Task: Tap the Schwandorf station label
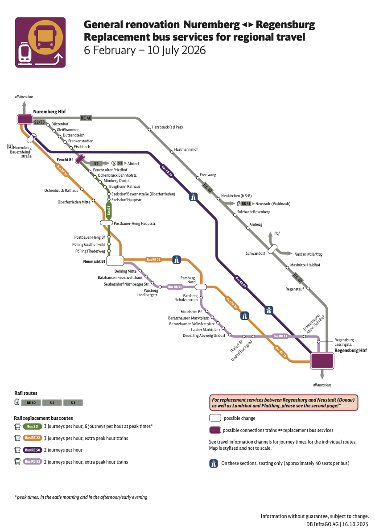pos(255,253)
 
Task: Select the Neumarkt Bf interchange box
pos(115,261)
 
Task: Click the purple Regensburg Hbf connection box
pos(322,361)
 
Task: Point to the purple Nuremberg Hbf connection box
pos(24,119)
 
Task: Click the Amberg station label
pos(256,224)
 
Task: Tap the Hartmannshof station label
pos(186,149)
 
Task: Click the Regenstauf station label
pos(295,289)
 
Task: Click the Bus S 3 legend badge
pos(32,427)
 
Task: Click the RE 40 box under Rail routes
pos(31,402)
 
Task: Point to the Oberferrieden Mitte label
pos(74,202)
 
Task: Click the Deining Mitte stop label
pos(125,271)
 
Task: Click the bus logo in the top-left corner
pos(41,42)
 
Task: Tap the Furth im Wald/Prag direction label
pos(309,254)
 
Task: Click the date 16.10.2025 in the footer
pos(355,524)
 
